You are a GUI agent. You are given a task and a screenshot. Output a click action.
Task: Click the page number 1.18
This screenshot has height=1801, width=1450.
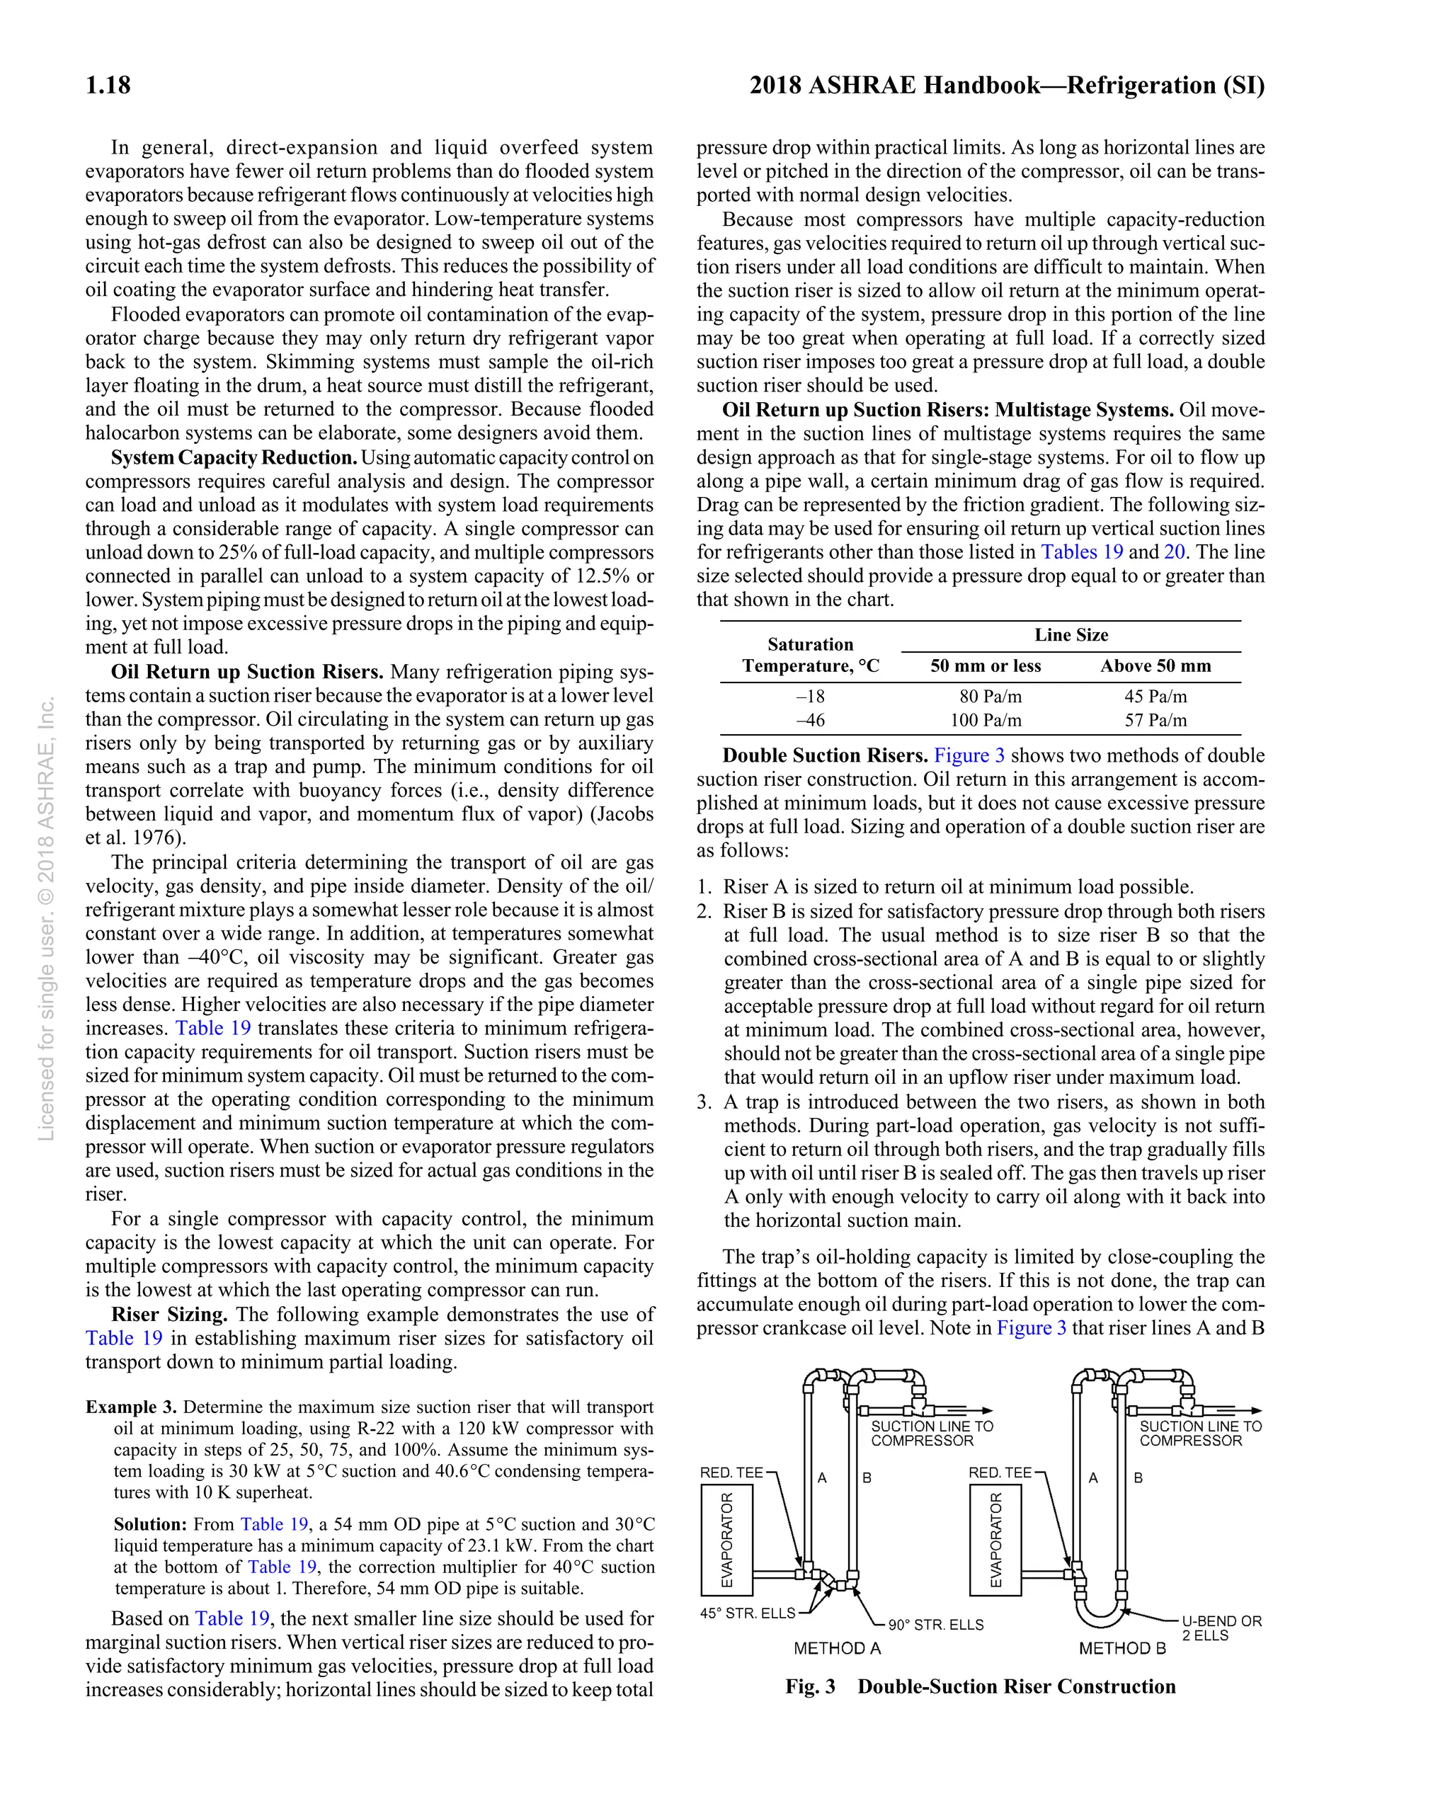pos(108,85)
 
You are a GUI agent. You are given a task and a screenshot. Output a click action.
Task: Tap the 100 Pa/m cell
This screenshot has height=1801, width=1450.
pos(986,720)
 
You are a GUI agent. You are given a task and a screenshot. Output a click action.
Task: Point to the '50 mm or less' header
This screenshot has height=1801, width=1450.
pos(986,665)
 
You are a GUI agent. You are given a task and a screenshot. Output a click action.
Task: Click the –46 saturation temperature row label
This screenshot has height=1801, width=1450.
pos(809,720)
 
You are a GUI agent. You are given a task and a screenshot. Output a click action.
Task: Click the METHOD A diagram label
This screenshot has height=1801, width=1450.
pos(837,1648)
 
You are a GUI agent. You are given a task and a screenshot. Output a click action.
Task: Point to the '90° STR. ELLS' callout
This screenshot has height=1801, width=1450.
pos(935,1625)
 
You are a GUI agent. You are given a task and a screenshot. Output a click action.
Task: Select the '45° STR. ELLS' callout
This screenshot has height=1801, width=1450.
pos(747,1613)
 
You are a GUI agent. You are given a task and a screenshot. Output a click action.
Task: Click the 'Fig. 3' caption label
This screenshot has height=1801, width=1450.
pos(809,1686)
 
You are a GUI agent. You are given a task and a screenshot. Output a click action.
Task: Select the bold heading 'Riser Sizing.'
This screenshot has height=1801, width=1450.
pos(169,1314)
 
